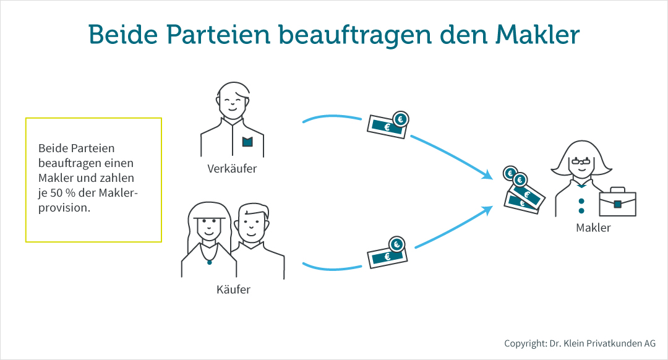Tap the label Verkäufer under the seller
(232, 168)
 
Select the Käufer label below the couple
(233, 289)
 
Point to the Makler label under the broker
(593, 228)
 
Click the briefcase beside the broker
(617, 201)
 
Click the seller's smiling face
(232, 103)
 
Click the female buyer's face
(207, 227)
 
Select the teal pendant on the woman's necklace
(210, 263)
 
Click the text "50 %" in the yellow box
(61, 194)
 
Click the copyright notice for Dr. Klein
(580, 343)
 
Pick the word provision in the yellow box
(64, 208)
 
